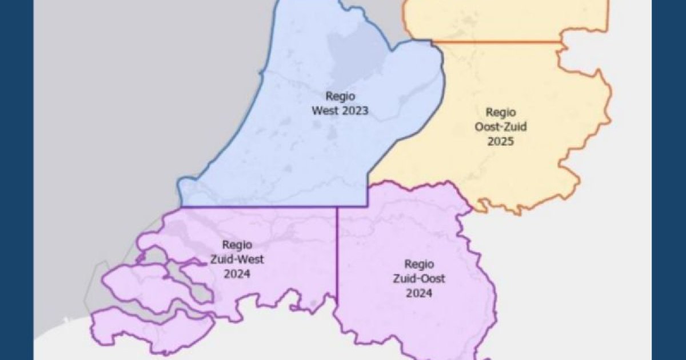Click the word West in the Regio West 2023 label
click(326, 111)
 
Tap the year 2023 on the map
click(355, 111)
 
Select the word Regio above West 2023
click(340, 96)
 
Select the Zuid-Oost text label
click(418, 279)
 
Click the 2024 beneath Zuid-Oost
click(418, 294)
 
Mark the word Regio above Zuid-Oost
click(418, 264)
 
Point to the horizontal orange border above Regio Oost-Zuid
click(497, 41)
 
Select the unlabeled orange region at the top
click(503, 20)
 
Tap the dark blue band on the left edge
click(16, 180)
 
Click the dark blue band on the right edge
click(669, 180)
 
